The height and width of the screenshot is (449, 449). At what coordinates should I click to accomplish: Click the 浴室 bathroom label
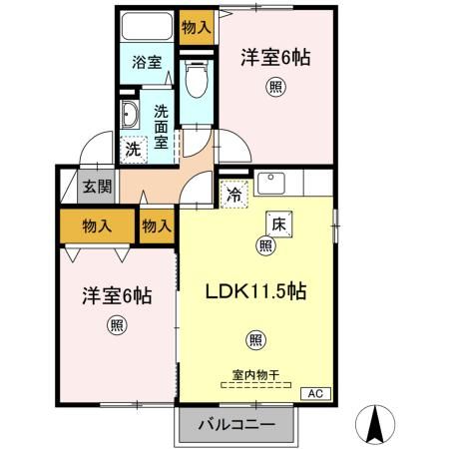[148, 63]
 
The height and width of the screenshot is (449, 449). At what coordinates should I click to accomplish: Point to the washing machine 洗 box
[132, 149]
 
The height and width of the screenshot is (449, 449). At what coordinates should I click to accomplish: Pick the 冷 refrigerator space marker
[232, 196]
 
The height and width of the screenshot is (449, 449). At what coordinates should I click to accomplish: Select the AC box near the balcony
[313, 394]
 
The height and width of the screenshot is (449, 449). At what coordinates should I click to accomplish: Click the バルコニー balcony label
[239, 423]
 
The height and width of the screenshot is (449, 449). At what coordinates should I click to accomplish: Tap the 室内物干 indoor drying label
[255, 375]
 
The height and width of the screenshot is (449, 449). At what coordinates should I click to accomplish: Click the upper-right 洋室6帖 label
[274, 57]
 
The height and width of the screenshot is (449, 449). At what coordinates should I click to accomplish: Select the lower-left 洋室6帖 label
[117, 297]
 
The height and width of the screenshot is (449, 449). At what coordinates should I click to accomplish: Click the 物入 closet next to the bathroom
[196, 28]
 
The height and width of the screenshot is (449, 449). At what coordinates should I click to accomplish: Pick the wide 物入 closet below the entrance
[97, 227]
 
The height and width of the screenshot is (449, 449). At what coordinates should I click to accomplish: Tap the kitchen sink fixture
[271, 184]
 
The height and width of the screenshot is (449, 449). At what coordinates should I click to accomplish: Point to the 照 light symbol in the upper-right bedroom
[273, 87]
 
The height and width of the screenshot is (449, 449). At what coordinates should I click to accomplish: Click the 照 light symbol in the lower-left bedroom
[117, 324]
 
